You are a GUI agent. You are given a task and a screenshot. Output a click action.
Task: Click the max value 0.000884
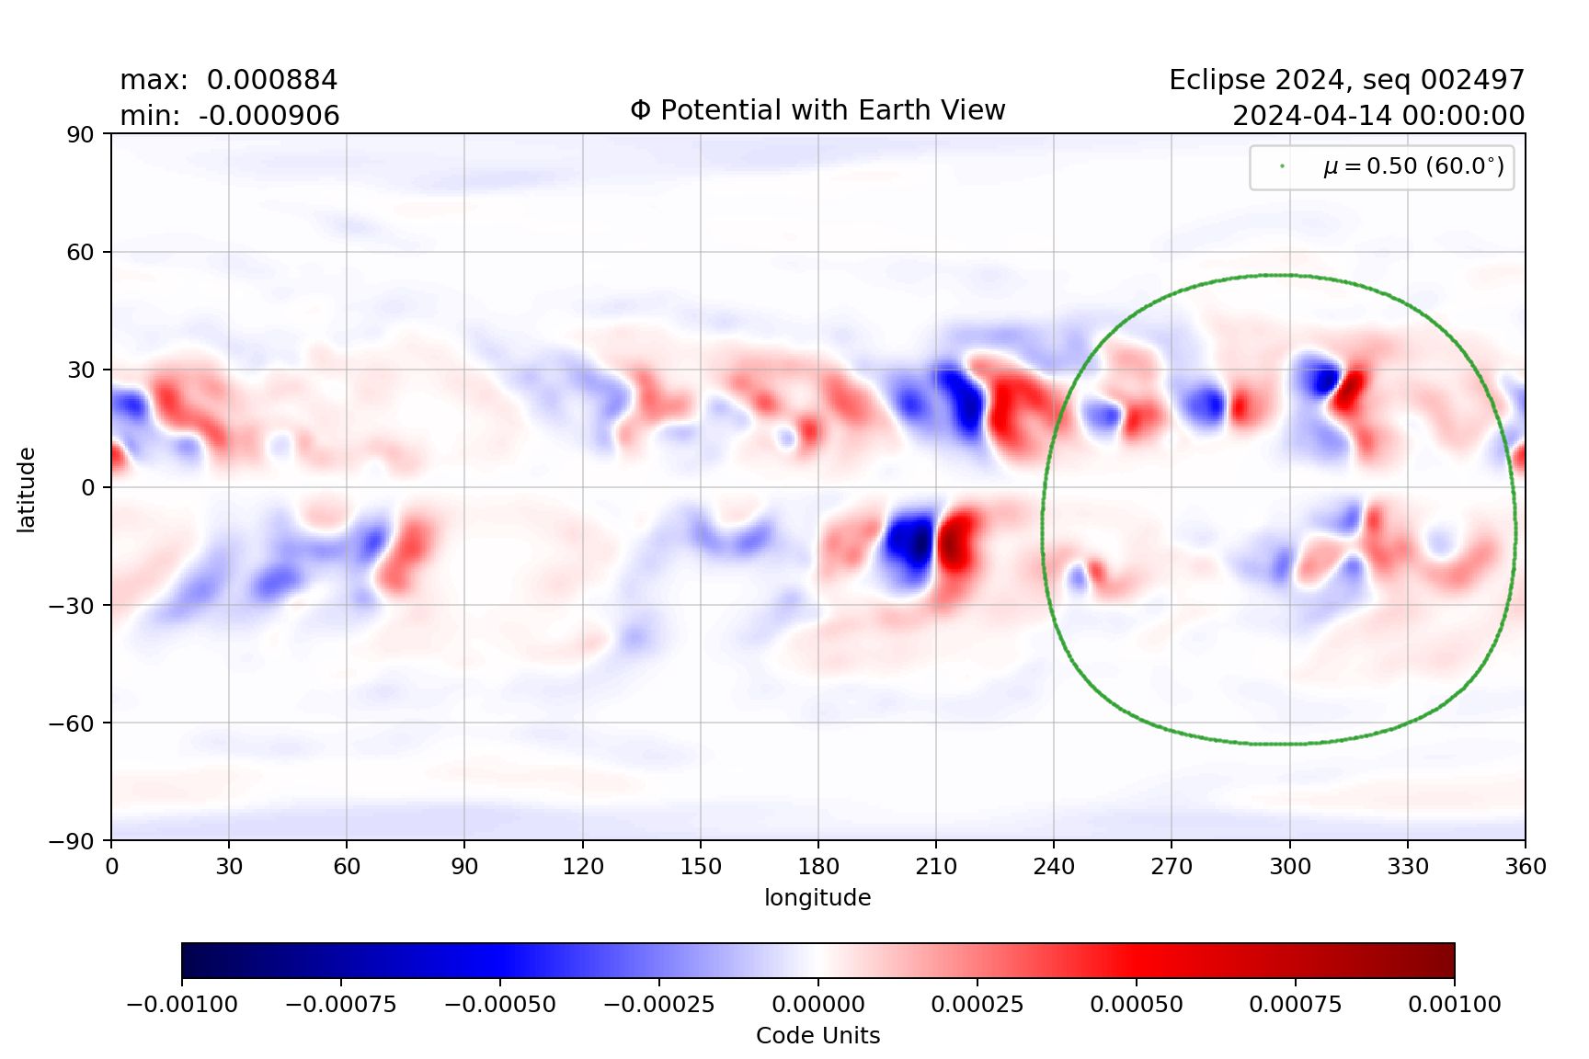pyautogui.click(x=271, y=80)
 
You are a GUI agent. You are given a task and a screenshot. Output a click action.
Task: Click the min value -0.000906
pyautogui.click(x=269, y=116)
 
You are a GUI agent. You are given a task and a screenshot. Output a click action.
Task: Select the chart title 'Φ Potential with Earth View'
pyautogui.click(x=817, y=110)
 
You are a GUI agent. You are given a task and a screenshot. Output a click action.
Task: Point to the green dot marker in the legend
pyautogui.click(x=1282, y=166)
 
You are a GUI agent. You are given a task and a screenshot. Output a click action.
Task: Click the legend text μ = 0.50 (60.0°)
pyautogui.click(x=1413, y=166)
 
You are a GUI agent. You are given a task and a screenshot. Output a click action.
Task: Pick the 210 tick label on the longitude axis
pyautogui.click(x=936, y=866)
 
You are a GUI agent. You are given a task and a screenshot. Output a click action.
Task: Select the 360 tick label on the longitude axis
pyautogui.click(x=1526, y=866)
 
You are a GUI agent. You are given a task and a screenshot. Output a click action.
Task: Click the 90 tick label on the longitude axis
pyautogui.click(x=464, y=866)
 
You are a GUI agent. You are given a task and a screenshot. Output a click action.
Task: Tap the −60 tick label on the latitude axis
pyautogui.click(x=71, y=723)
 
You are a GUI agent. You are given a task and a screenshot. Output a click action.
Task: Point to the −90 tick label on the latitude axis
pyautogui.click(x=71, y=840)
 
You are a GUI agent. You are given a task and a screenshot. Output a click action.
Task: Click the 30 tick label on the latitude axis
pyautogui.click(x=80, y=370)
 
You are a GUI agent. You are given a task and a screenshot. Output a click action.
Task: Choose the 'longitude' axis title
pyautogui.click(x=817, y=897)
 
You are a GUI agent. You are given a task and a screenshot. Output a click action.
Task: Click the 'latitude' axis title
pyautogui.click(x=27, y=489)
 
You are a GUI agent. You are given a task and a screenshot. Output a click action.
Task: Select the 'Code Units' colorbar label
pyautogui.click(x=817, y=1035)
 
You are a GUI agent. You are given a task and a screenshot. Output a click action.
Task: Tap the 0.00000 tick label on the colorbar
pyautogui.click(x=817, y=1004)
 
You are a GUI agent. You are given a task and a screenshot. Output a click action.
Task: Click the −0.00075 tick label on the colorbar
pyautogui.click(x=340, y=1004)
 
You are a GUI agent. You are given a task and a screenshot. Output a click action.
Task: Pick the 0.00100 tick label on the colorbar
pyautogui.click(x=1454, y=1004)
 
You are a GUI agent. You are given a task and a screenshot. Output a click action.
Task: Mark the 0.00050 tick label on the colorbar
pyautogui.click(x=1136, y=1004)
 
